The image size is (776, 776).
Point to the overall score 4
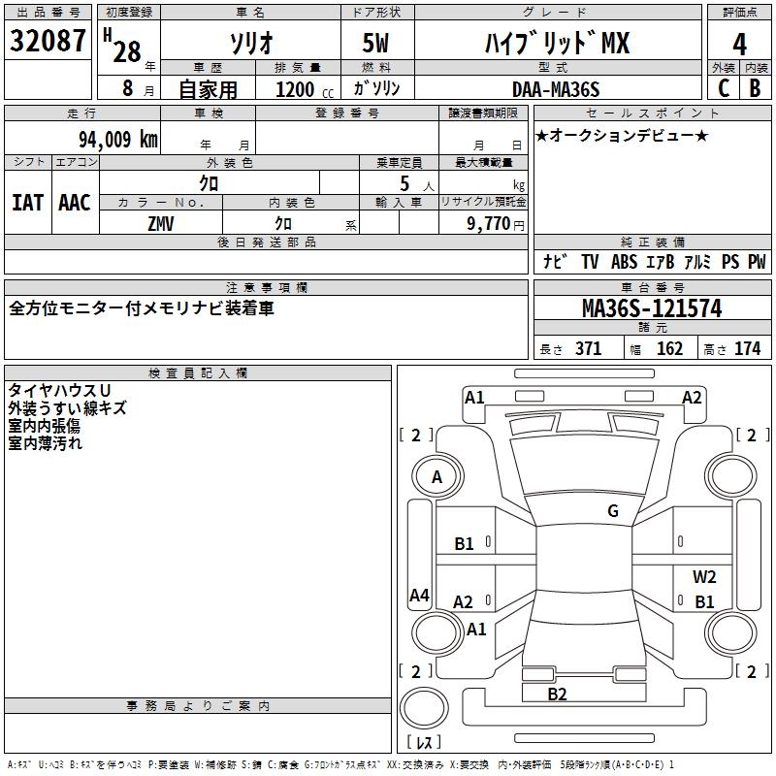(740, 44)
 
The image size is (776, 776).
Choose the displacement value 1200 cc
(300, 89)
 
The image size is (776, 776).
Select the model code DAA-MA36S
(556, 89)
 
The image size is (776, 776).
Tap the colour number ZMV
(161, 222)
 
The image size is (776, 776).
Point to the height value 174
(747, 348)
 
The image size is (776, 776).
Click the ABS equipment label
(624, 261)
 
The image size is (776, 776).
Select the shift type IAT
(27, 202)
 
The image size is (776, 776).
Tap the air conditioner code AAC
(74, 202)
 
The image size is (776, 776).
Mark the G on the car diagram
(613, 511)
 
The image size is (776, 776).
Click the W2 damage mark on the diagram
(704, 577)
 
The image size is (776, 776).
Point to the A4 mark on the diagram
(419, 596)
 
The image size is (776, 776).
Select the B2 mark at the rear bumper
(557, 694)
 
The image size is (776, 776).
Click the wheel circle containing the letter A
(436, 477)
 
